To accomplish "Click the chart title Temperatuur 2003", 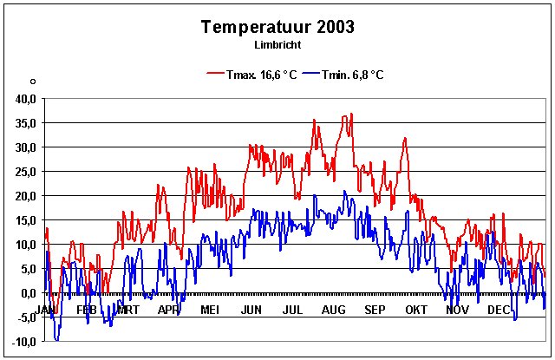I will tap(277, 27).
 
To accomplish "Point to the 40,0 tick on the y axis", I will tap(23, 99).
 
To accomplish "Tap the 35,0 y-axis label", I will tap(23, 123).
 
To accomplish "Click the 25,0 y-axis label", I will tap(23, 172).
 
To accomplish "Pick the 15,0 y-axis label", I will tap(23, 220).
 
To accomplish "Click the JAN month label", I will tap(46, 310).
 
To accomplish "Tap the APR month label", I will tap(168, 310).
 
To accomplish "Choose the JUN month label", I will tap(251, 310).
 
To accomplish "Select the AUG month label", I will tap(333, 310).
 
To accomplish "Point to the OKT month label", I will tap(416, 310).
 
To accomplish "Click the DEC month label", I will tap(498, 310).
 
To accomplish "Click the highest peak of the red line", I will tap(351, 114).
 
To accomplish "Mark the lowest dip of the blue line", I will tap(57, 340).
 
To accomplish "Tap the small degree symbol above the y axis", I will tap(32, 82).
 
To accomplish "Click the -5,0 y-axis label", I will tap(23, 317).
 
